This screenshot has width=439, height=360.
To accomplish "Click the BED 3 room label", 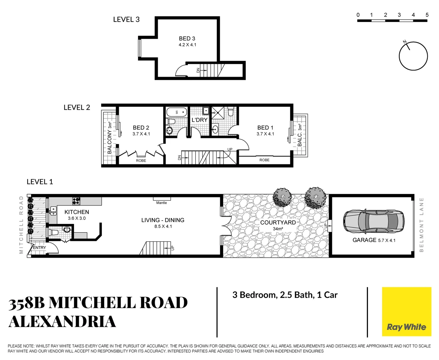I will pyautogui.click(x=187, y=39).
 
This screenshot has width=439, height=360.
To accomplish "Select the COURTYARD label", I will pyautogui.click(x=278, y=222).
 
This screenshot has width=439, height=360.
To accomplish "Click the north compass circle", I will pyautogui.click(x=413, y=56).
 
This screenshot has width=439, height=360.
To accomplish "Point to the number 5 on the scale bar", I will pyautogui.click(x=427, y=15).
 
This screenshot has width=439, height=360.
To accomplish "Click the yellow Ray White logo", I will pyautogui.click(x=406, y=312).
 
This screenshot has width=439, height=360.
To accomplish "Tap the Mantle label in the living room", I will pyautogui.click(x=161, y=203).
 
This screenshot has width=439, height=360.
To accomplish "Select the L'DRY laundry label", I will pyautogui.click(x=199, y=120).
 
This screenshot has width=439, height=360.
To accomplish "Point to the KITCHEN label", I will pyautogui.click(x=77, y=212).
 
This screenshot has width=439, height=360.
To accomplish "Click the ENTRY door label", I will pyautogui.click(x=39, y=248).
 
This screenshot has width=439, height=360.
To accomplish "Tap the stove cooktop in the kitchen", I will pyautogui.click(x=76, y=201).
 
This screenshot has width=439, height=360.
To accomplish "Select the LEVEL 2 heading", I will pyautogui.click(x=77, y=107).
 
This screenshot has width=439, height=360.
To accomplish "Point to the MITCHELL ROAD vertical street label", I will pyautogui.click(x=21, y=225).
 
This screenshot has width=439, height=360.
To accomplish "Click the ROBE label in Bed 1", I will pyautogui.click(x=264, y=160).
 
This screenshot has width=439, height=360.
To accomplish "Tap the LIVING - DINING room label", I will pyautogui.click(x=163, y=220).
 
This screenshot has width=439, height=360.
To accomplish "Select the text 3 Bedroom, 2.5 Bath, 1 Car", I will pyautogui.click(x=285, y=295).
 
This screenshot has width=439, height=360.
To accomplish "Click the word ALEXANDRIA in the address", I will pyautogui.click(x=62, y=322).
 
